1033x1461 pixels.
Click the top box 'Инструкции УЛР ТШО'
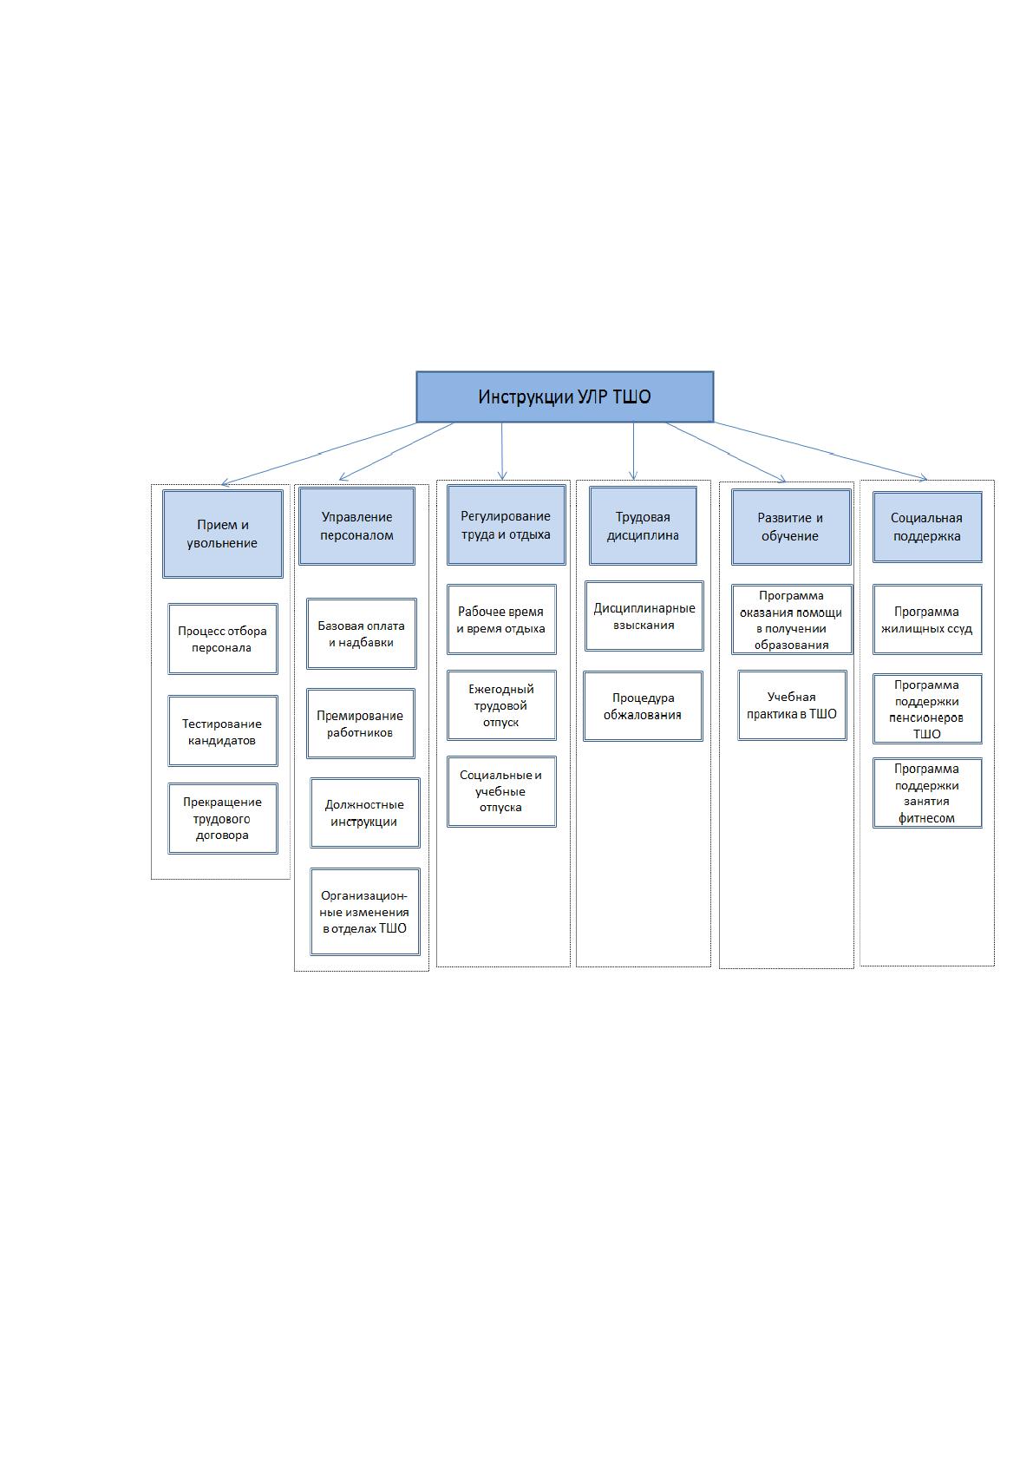coord(565,396)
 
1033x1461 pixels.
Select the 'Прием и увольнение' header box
coord(222,534)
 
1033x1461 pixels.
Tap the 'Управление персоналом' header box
coord(356,526)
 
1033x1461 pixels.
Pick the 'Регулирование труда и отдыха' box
coord(506,525)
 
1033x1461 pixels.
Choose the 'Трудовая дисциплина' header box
coord(643,526)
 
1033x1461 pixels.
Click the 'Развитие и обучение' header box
coord(791,527)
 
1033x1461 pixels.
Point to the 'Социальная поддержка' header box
coord(927,527)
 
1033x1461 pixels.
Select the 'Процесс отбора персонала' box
coord(223,639)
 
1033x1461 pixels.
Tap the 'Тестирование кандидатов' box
coord(223,731)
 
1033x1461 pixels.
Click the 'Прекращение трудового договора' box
coord(223,818)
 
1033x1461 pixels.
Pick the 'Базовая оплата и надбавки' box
coord(362,634)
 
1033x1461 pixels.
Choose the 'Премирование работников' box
coord(361,724)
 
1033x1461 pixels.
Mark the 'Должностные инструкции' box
coord(365,813)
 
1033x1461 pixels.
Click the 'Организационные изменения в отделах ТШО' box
coord(365,912)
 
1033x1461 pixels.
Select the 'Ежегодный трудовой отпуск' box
coord(501,705)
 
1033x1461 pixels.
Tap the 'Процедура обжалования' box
coord(643,706)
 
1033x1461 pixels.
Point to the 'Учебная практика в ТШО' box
coord(793,705)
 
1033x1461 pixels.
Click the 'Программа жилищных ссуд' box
coord(927,619)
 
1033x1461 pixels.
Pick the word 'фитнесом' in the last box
coord(926,818)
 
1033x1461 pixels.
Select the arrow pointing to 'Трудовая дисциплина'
coord(633,450)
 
